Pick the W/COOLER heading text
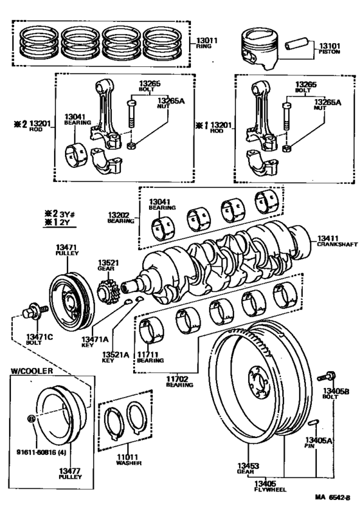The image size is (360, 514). pos(32,371)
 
